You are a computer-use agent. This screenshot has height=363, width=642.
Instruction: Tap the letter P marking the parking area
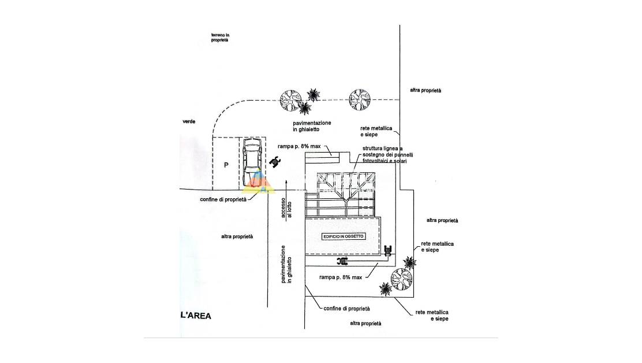click(227, 165)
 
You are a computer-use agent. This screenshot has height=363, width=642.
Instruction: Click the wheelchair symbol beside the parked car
click(275, 162)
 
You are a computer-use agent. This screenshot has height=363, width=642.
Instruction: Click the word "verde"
click(189, 121)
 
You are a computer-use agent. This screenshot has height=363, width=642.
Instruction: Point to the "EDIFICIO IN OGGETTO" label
click(344, 237)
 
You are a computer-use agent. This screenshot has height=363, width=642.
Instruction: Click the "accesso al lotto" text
click(286, 207)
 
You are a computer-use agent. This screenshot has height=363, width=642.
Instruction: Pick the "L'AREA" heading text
click(196, 316)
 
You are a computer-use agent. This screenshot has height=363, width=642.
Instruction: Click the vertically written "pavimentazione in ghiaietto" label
click(286, 264)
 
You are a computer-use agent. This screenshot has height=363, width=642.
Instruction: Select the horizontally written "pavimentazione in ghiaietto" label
click(312, 127)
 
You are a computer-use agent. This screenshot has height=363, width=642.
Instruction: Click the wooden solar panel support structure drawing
click(345, 194)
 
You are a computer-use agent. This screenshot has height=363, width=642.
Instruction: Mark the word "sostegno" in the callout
click(374, 154)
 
